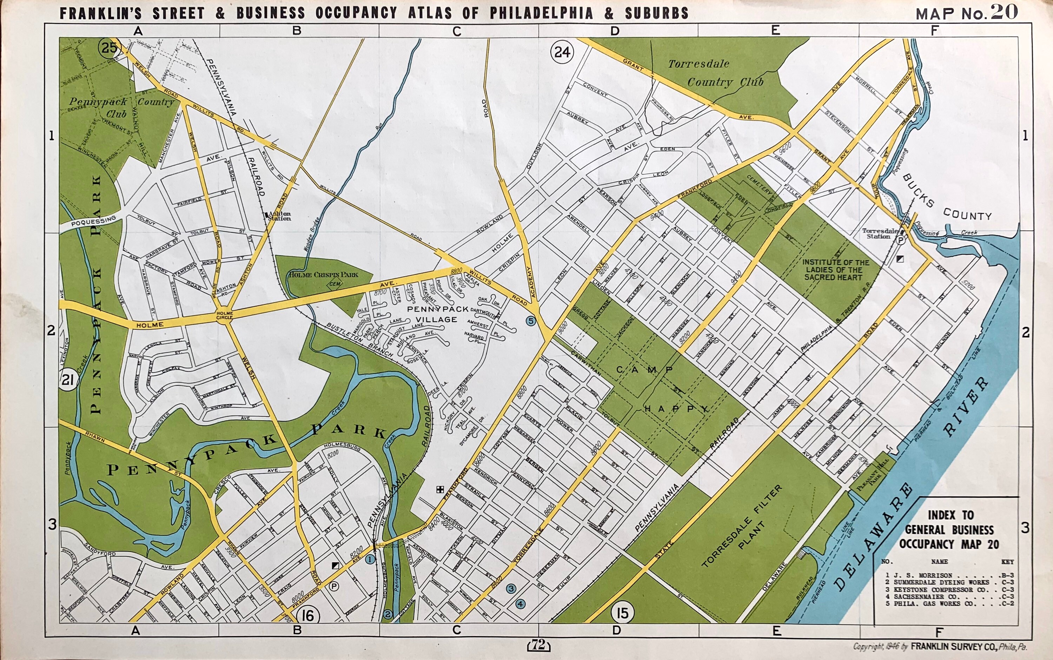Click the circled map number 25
pos(109,47)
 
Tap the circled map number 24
pos(562,52)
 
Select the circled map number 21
pos(68,380)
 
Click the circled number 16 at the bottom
pos(308,615)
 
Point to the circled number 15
pos(622,613)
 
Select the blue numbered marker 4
pos(520,604)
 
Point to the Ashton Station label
pos(279,216)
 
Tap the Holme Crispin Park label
pos(323,275)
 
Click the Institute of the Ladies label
pos(836,270)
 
